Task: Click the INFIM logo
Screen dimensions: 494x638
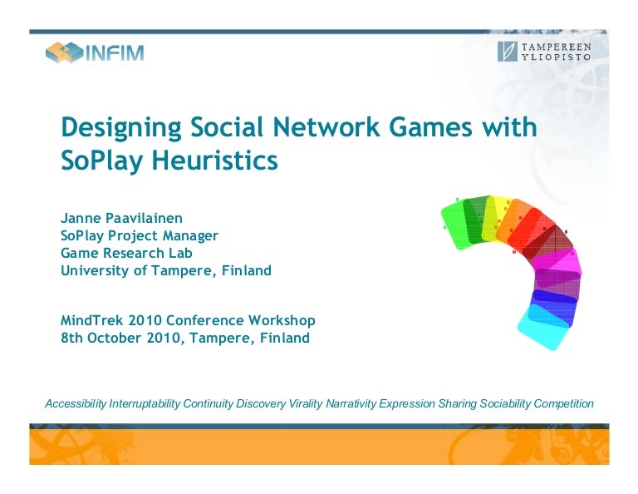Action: click(95, 52)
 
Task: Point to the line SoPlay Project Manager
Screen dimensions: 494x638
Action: click(140, 235)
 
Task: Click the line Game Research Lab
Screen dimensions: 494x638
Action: click(126, 253)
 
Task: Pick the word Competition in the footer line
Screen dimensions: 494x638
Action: click(563, 404)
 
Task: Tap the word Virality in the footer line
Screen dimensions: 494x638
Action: click(306, 404)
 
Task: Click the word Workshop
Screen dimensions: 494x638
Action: click(283, 320)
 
